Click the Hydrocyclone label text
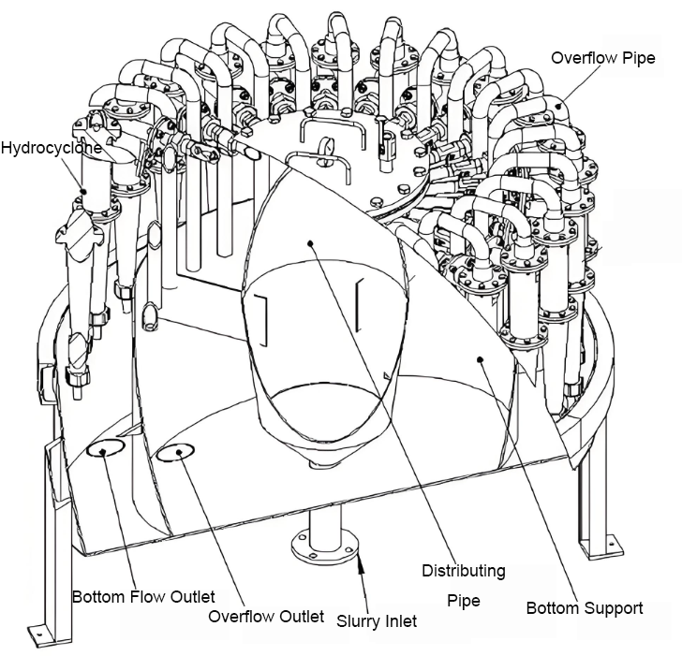pos(51,148)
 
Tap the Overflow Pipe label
pos(603,58)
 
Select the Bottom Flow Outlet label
pos(143,596)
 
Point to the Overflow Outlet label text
pos(266,616)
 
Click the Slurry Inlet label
pos(377,621)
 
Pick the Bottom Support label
pos(585,608)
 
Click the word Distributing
pos(464,571)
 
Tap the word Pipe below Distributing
pos(464,601)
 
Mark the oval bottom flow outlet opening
pos(106,447)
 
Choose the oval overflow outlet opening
pos(175,452)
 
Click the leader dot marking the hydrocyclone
pos(83,191)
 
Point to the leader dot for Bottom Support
pos(481,358)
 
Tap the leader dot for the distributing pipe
pos(310,243)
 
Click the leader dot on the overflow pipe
pos(560,105)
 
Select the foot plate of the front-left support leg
pos(41,633)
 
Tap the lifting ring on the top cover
pos(325,147)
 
